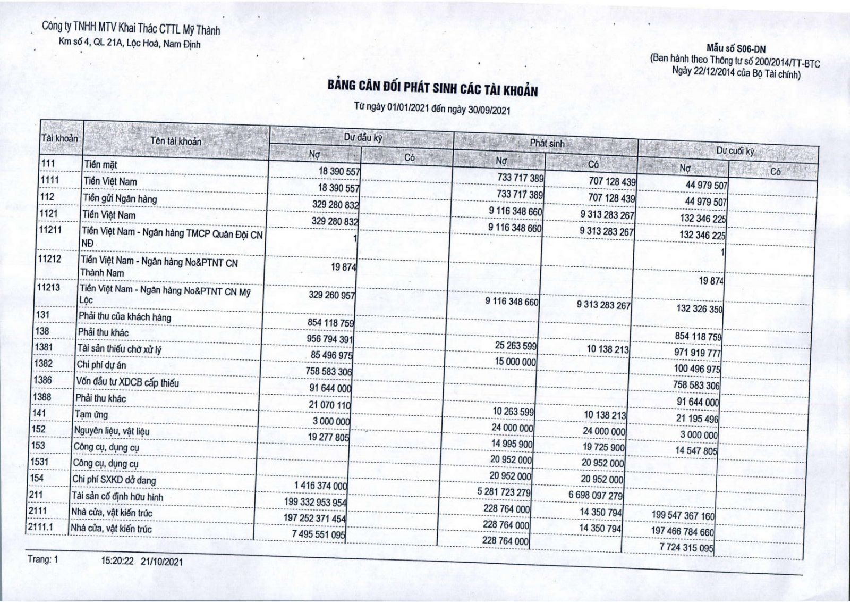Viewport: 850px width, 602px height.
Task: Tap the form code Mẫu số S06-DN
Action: click(x=736, y=49)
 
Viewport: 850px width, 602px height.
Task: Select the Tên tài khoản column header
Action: click(x=176, y=141)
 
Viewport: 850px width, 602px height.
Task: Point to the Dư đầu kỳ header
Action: click(x=363, y=137)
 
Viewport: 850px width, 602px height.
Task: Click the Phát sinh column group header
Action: click(x=547, y=143)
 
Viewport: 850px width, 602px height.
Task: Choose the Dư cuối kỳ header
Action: click(x=735, y=151)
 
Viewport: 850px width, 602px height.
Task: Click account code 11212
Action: click(x=49, y=259)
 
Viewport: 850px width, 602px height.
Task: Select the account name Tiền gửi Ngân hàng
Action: click(x=120, y=199)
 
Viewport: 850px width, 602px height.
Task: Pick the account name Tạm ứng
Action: click(x=91, y=414)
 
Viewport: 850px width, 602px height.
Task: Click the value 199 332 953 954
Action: click(x=315, y=502)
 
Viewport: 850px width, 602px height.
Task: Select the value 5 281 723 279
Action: click(x=504, y=491)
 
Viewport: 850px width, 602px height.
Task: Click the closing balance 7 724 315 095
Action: click(x=686, y=547)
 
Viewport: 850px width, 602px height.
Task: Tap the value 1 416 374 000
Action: click(x=320, y=486)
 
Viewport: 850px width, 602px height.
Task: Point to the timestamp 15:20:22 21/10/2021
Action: click(x=142, y=561)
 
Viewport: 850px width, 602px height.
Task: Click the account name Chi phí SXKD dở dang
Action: click(x=114, y=480)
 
